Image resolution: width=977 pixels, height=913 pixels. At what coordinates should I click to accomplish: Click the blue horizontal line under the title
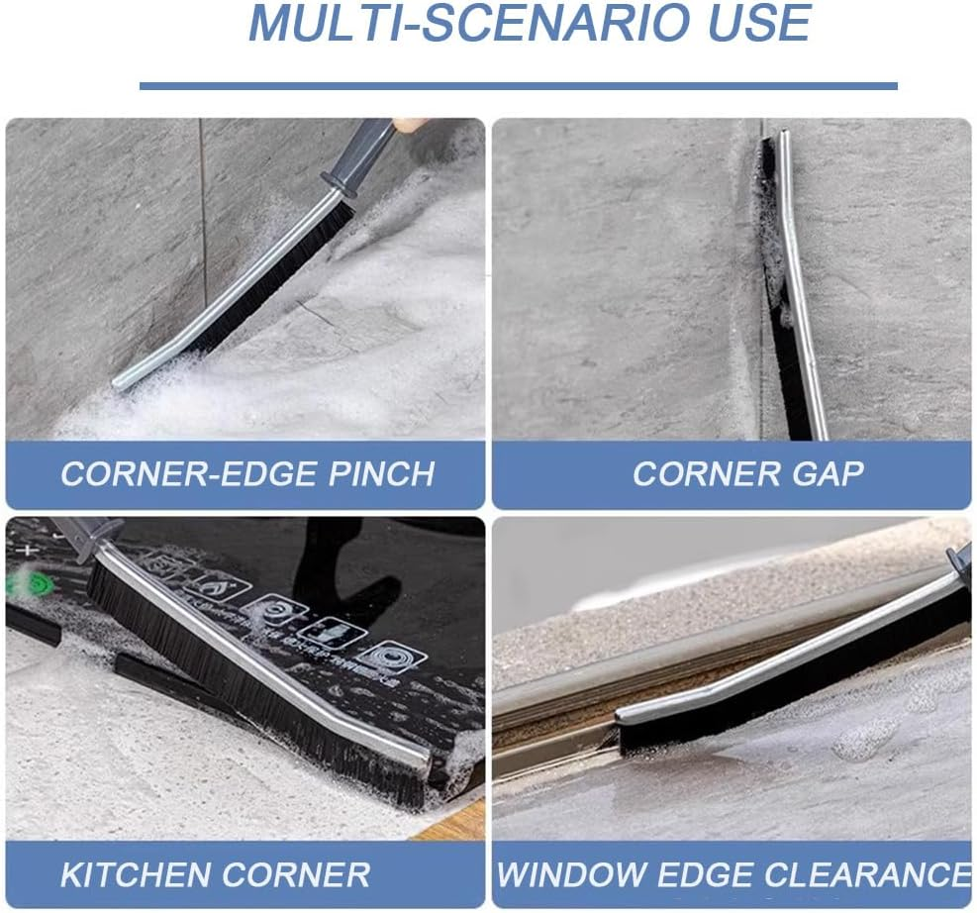pos(518,86)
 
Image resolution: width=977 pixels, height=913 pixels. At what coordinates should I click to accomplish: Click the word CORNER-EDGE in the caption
pos(174,473)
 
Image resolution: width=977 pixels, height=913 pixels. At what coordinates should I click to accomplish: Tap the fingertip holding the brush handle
pos(408,126)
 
